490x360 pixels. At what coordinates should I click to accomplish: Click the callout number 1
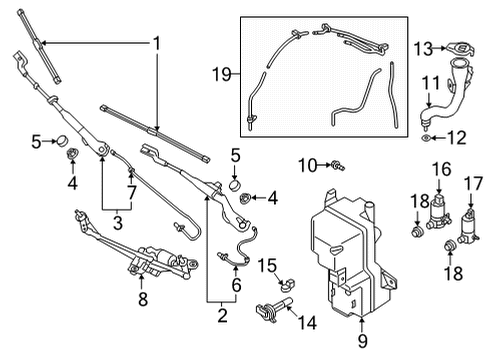click(155, 43)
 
